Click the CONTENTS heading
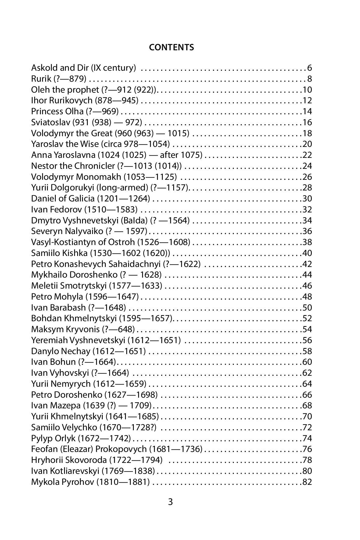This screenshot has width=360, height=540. click(171, 47)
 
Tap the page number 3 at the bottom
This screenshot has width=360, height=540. click(170, 502)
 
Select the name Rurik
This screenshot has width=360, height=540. click(41, 79)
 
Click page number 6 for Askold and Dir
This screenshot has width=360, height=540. click(310, 68)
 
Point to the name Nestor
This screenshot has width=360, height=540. click(42, 166)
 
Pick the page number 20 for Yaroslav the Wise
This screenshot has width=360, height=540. click(307, 144)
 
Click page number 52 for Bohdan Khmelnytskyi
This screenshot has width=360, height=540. click(307, 319)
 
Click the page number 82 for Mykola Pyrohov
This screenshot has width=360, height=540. click(307, 482)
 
